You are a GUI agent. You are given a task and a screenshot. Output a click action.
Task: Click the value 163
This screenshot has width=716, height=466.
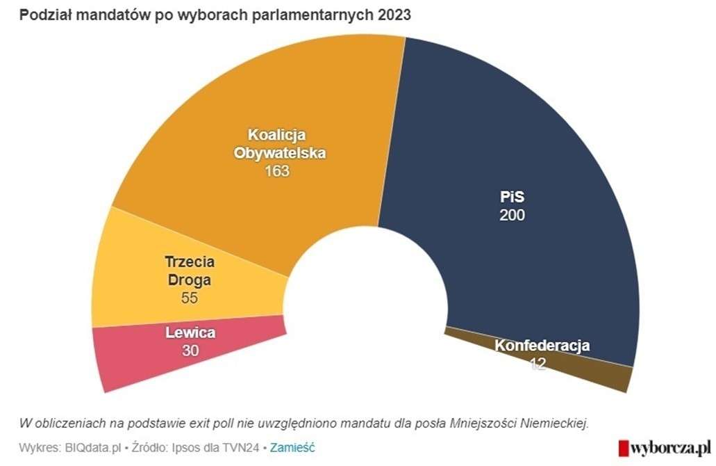tap(277, 171)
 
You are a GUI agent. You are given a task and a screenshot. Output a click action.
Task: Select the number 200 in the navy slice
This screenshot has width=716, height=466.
tap(512, 216)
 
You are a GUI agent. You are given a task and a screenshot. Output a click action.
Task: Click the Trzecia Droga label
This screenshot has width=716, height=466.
tap(190, 272)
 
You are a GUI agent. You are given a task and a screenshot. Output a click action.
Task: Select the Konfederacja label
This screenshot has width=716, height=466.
tap(542, 346)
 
